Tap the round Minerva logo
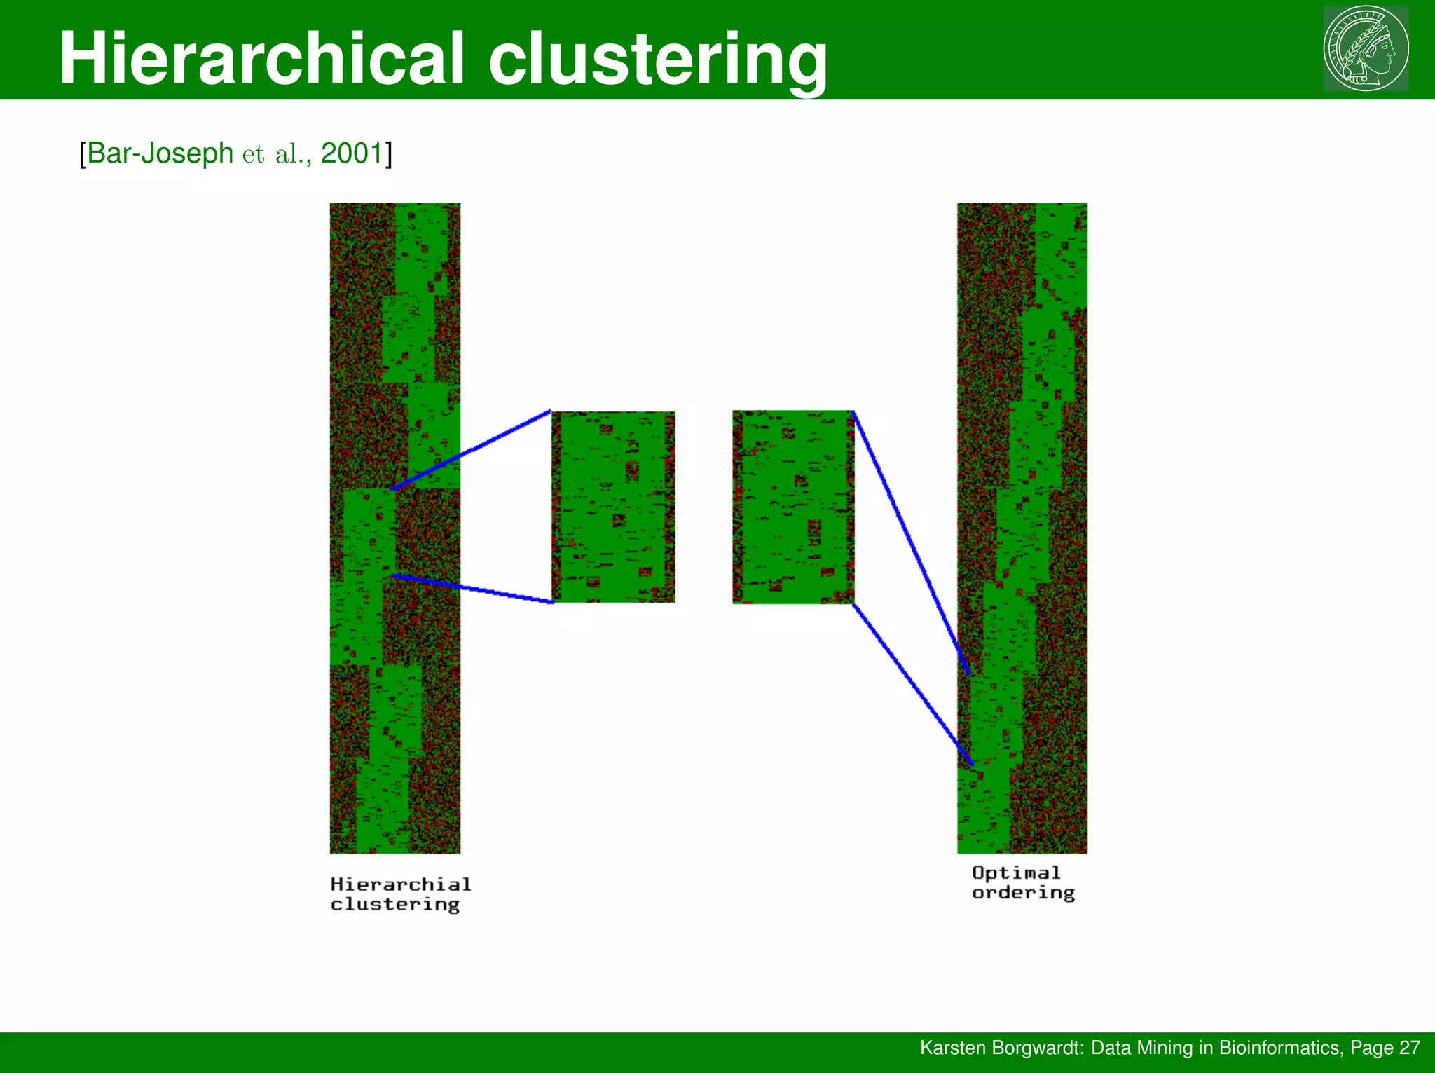(x=1366, y=48)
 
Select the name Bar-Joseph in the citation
(x=160, y=153)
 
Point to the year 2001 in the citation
(x=352, y=153)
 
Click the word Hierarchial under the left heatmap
(x=401, y=884)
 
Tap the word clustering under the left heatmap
(x=395, y=905)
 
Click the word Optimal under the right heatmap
(x=1016, y=873)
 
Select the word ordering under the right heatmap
(x=1023, y=893)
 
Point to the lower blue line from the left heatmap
(x=474, y=589)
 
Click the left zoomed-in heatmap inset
(x=614, y=507)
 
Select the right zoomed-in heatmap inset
(x=793, y=507)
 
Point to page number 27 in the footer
(x=1409, y=1048)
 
